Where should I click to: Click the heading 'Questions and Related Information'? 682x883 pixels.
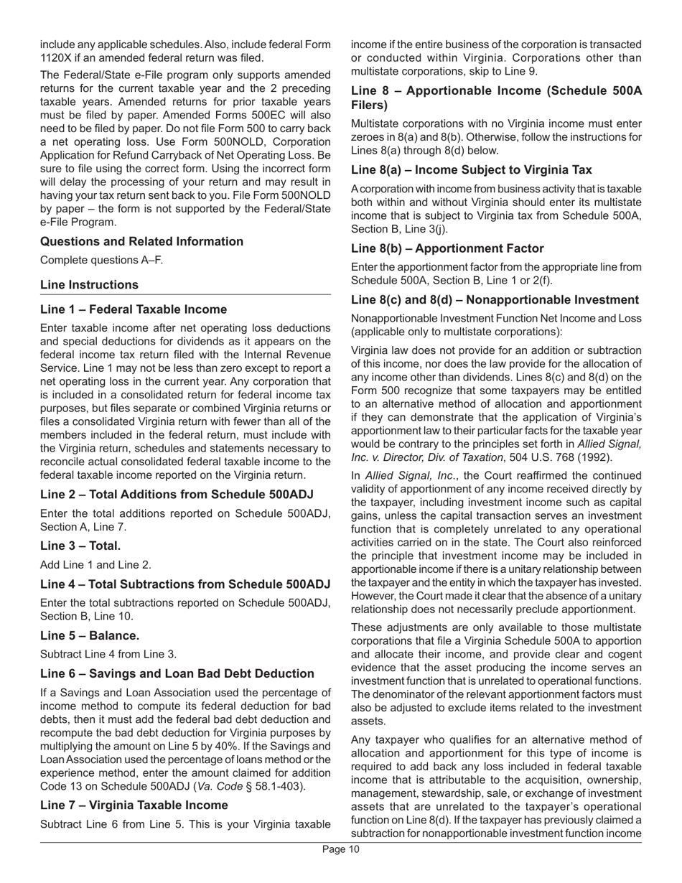(141, 241)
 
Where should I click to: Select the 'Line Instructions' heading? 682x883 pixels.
(90, 284)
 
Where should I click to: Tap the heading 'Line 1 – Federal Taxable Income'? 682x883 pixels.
(134, 309)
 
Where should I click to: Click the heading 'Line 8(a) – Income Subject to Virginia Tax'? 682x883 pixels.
(471, 169)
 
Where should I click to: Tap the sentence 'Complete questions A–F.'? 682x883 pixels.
(101, 260)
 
